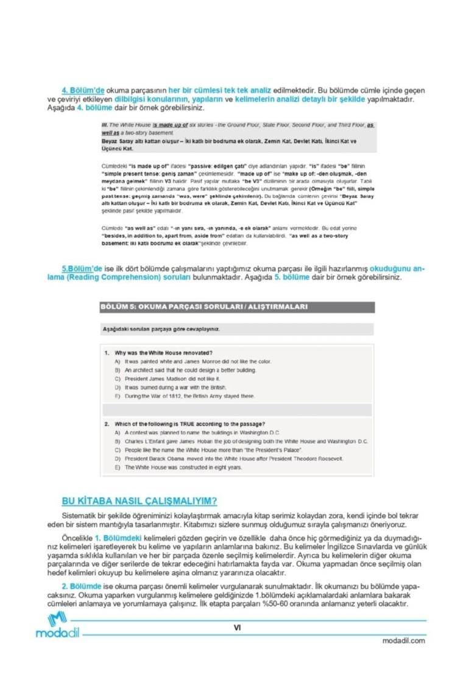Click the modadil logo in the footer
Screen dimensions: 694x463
point(58,626)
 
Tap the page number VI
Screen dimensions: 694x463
point(238,626)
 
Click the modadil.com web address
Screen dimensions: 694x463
point(404,640)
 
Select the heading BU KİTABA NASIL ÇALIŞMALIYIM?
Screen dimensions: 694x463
point(140,501)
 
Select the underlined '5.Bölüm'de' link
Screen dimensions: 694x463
point(82,268)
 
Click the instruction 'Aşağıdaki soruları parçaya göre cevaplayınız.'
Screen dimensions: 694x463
point(161,329)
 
